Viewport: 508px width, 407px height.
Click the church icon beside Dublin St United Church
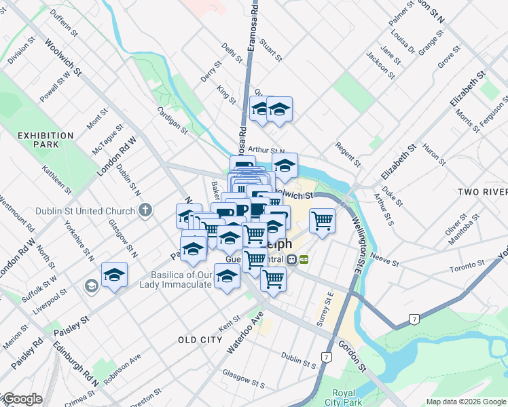coord(144,211)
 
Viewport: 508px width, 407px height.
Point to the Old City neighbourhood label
coord(200,339)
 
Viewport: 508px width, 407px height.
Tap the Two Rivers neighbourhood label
coord(482,193)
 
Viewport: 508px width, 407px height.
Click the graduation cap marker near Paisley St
coord(115,275)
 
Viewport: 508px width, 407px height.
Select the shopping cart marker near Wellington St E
coord(322,220)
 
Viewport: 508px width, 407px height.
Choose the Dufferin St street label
coord(60,25)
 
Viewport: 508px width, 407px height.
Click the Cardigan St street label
coord(172,119)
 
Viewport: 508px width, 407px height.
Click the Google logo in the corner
coord(22,399)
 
